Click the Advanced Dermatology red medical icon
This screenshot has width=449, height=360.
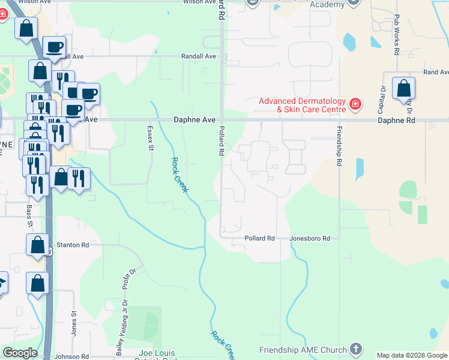pos(356,105)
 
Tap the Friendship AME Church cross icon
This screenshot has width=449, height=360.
pos(356,349)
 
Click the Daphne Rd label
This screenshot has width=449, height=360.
pos(396,120)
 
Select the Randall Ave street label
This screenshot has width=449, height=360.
pos(199,56)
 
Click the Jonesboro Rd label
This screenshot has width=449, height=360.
pos(310,238)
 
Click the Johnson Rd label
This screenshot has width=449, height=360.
pos(71,356)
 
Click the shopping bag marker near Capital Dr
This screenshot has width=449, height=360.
pos(403,88)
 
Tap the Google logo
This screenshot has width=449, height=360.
pos(20,353)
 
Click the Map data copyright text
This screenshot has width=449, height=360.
pos(412,355)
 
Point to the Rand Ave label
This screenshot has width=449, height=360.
pos(436,72)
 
